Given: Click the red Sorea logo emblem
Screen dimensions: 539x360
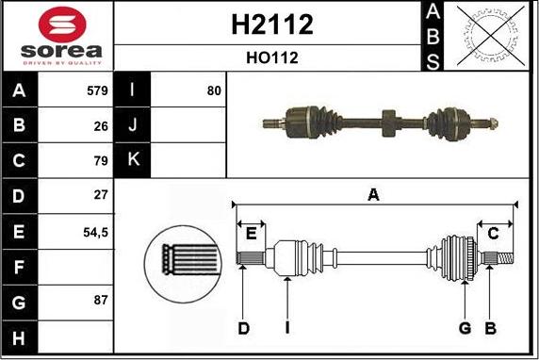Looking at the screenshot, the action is (62, 25).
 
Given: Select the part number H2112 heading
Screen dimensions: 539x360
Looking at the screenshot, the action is (272, 25).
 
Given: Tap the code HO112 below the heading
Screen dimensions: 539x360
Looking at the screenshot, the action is (272, 57).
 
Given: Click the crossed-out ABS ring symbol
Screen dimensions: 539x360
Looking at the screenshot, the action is (491, 36).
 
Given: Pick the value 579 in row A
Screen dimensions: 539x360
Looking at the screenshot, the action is (97, 90).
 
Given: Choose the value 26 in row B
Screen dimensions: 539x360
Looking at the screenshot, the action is (101, 126).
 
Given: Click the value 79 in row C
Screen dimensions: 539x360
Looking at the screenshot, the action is (101, 160).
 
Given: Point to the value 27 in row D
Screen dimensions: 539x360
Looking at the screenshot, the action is (101, 195).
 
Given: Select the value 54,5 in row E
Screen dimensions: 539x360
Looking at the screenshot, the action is (95, 233).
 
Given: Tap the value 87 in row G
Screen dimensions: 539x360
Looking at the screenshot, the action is (101, 300).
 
